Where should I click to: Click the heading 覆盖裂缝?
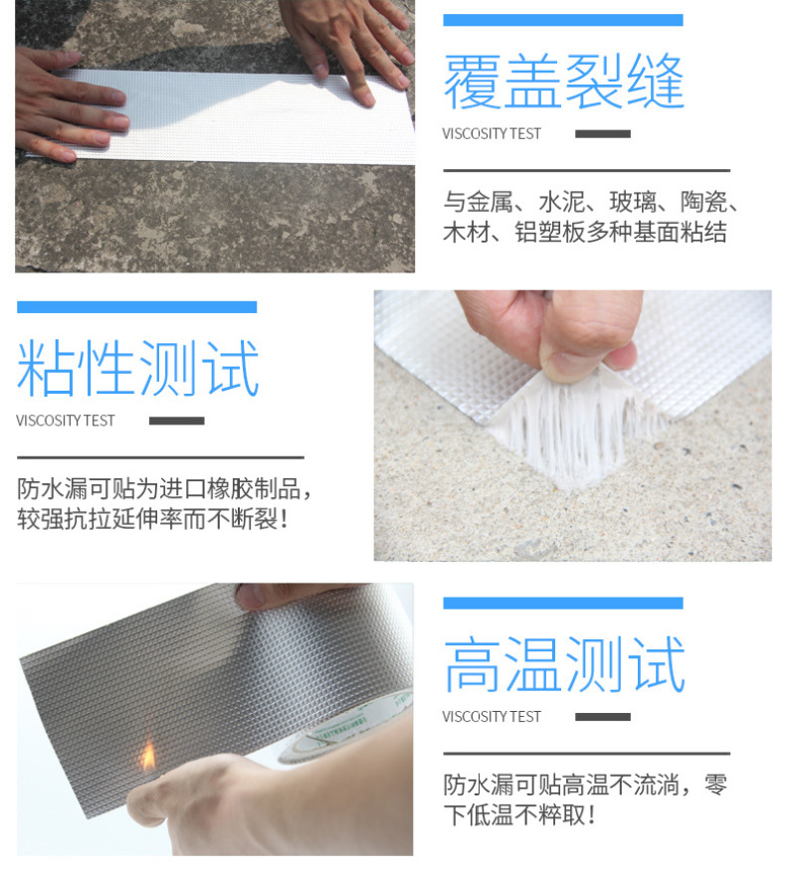pos(563,82)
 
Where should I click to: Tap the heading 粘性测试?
pos(138,368)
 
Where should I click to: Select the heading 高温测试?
pos(563,664)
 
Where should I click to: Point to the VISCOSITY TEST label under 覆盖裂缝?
pos(492,134)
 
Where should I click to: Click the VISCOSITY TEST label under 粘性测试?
pos(65,421)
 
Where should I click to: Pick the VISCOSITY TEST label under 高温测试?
pos(492,717)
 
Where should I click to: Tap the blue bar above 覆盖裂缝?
pos(563,20)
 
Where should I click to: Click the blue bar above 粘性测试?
pos(136,307)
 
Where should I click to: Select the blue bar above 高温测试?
pos(563,604)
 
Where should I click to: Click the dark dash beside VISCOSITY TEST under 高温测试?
pos(603,717)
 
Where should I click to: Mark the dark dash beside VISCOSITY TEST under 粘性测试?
pos(177,421)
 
